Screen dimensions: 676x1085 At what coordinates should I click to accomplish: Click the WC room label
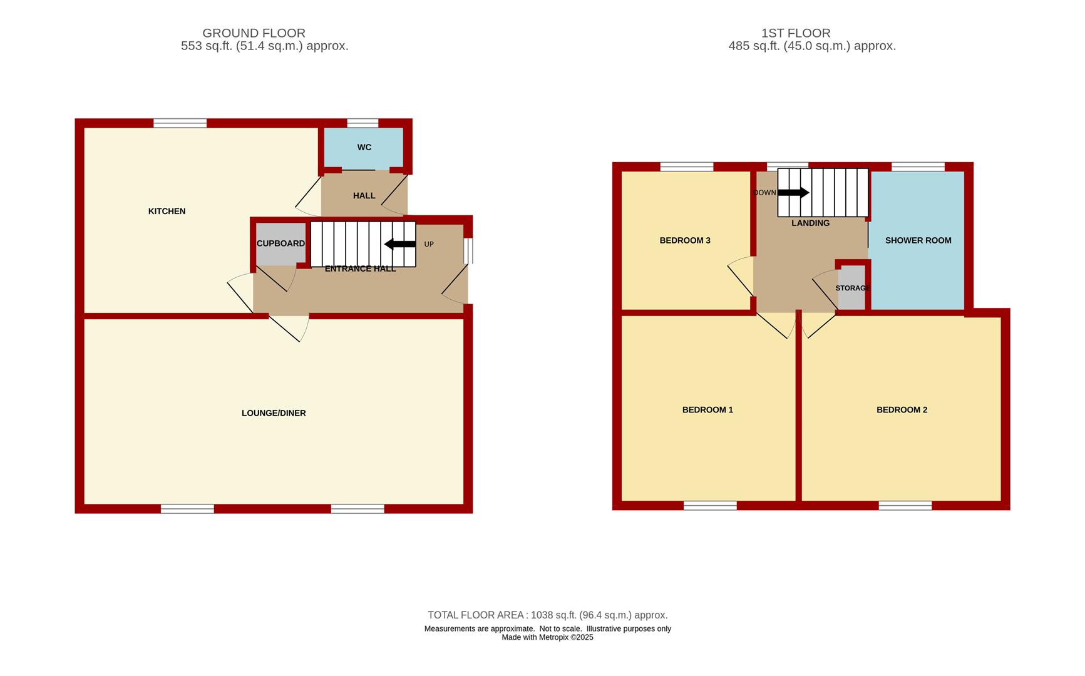(x=364, y=148)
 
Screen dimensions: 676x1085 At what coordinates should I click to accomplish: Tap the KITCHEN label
(x=167, y=212)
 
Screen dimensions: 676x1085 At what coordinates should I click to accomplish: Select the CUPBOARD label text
(x=280, y=243)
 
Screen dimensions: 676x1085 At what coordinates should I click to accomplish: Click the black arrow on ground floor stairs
(x=400, y=244)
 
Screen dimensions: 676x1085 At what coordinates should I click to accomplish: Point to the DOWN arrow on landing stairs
(x=793, y=193)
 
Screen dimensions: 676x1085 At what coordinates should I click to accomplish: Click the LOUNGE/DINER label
(x=274, y=413)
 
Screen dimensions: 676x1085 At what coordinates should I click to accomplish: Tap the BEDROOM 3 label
(x=685, y=240)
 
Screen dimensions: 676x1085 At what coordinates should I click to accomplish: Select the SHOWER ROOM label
(x=918, y=240)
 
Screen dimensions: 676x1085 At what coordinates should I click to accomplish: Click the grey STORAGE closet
(x=851, y=288)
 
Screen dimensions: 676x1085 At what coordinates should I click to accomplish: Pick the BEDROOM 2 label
(x=902, y=410)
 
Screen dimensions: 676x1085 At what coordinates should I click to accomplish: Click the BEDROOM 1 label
(x=707, y=410)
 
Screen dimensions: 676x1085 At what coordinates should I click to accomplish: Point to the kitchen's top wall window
(x=180, y=123)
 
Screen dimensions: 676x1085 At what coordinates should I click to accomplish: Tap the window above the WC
(x=363, y=123)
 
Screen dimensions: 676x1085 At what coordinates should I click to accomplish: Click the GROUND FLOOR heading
(x=254, y=33)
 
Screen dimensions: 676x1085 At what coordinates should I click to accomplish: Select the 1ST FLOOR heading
(x=796, y=33)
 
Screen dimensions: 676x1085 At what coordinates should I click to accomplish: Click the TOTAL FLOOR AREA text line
(x=547, y=615)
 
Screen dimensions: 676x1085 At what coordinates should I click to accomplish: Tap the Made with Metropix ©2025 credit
(x=547, y=638)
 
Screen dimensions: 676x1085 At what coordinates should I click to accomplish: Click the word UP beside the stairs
(x=429, y=244)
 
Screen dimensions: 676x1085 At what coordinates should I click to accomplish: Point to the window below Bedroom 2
(x=905, y=506)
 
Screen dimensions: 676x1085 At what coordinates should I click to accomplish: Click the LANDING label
(x=810, y=223)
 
